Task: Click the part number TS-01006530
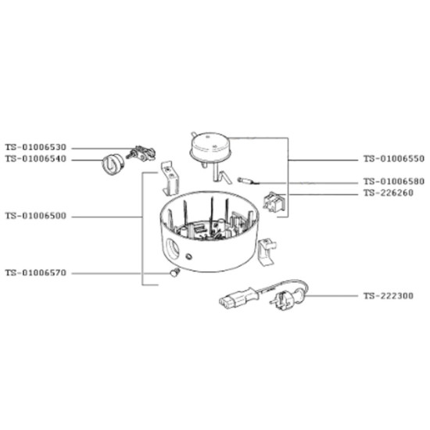36,148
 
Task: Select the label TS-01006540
36,159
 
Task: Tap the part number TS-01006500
36,216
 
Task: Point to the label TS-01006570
36,273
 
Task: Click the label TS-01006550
394,159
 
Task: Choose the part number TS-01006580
394,181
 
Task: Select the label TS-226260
389,193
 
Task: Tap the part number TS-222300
389,296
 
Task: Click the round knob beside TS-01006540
113,164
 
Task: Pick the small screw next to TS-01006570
174,273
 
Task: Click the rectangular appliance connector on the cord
238,299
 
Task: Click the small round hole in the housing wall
188,256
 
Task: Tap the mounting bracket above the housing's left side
170,178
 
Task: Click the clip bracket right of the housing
267,252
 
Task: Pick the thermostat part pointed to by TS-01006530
142,153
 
